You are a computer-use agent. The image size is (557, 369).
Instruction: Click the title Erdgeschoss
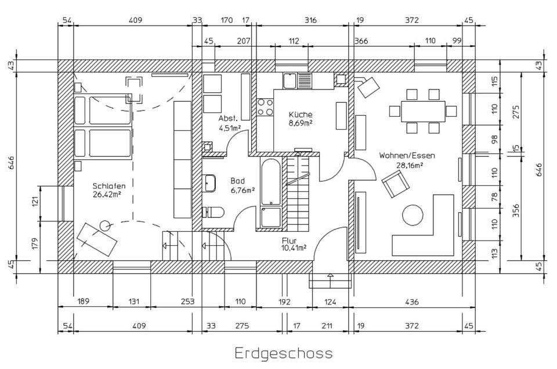[x=284, y=353]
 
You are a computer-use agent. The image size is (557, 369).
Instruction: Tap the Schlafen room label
[x=109, y=186]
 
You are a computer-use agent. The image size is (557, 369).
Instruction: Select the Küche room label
[x=301, y=114]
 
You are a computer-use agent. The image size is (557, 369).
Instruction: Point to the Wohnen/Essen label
[x=407, y=156]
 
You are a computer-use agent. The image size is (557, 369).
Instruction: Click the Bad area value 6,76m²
[x=243, y=191]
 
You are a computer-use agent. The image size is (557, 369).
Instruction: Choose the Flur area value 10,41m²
[x=294, y=248]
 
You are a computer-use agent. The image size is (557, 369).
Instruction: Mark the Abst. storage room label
[x=227, y=119]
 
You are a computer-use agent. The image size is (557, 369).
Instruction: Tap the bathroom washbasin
[x=210, y=183]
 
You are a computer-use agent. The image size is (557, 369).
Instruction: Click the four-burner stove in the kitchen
[x=265, y=107]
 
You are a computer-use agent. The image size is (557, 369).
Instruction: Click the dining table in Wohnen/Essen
[x=423, y=112]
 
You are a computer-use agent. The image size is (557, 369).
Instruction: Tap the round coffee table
[x=413, y=214]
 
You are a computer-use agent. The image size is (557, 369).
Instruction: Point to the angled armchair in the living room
[x=395, y=184]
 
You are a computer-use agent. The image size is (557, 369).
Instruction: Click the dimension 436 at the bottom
[x=412, y=302]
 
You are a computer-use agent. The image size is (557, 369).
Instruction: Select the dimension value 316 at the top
[x=310, y=20]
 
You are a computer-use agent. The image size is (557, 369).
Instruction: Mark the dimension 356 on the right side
[x=516, y=210]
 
